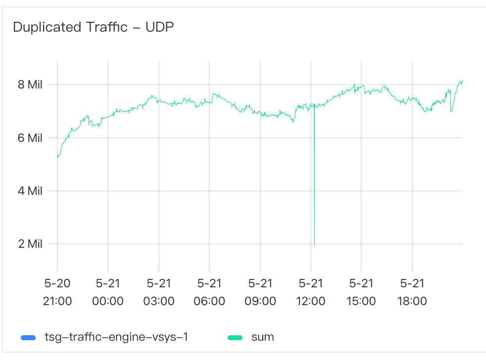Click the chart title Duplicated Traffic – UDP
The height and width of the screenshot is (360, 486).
[x=93, y=28]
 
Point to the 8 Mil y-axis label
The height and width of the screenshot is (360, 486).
[x=30, y=85]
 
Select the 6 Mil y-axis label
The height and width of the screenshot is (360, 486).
[x=30, y=138]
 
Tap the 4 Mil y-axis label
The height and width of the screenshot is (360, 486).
[x=30, y=191]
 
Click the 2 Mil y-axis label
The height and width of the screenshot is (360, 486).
[x=30, y=244]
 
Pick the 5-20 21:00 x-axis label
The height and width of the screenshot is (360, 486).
[x=57, y=292]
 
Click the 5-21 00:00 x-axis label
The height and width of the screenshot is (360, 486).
[x=108, y=292]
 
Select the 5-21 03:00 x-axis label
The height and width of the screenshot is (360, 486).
[x=159, y=292]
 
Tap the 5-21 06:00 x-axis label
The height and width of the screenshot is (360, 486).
[x=209, y=292]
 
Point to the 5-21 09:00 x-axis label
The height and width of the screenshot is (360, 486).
[x=260, y=292]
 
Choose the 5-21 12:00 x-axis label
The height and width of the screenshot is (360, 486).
[x=311, y=292]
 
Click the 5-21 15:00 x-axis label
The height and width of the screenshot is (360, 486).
[x=361, y=292]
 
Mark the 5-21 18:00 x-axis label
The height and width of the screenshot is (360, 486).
[x=412, y=292]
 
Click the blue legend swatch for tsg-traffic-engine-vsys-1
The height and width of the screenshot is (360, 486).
[x=28, y=338]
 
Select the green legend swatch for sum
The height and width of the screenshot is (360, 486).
[x=235, y=338]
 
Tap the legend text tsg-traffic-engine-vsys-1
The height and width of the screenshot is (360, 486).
[x=116, y=338]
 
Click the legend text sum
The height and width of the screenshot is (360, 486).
[x=263, y=338]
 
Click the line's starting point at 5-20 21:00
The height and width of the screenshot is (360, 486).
[x=58, y=157]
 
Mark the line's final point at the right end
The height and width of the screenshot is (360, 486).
[x=462, y=80]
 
